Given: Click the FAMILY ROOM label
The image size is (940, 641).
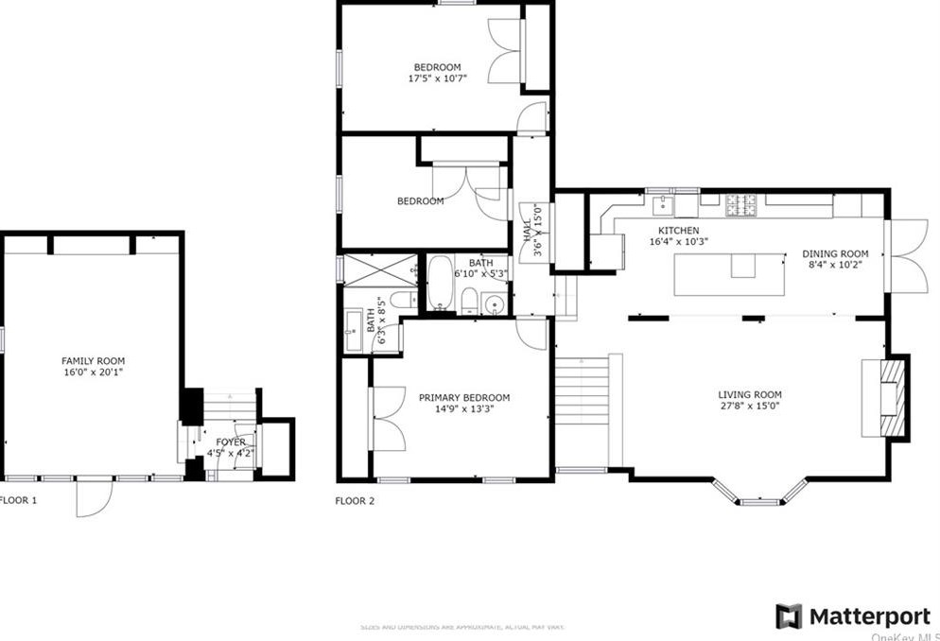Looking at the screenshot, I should tap(93, 360).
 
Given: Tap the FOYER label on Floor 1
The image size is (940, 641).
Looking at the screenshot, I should tap(231, 442).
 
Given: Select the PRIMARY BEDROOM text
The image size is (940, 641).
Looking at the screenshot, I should tap(463, 397).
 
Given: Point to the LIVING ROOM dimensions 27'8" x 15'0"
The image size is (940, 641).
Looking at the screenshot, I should tap(749, 407).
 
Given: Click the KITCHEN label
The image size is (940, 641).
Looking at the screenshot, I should tap(678, 231).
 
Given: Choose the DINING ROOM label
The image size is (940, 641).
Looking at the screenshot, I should tap(834, 253).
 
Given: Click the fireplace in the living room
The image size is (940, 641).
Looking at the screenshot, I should tap(883, 396).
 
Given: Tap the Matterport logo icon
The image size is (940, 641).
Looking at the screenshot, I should tap(789, 616).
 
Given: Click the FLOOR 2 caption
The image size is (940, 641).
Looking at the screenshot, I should tap(355, 501).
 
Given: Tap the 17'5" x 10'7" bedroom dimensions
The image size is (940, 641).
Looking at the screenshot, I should tap(437, 79).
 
